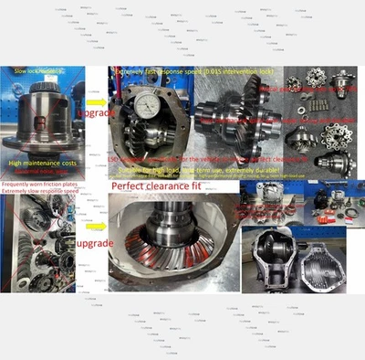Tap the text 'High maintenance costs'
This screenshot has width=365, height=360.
coord(42,161)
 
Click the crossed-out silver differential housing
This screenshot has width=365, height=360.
coord(40,114)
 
